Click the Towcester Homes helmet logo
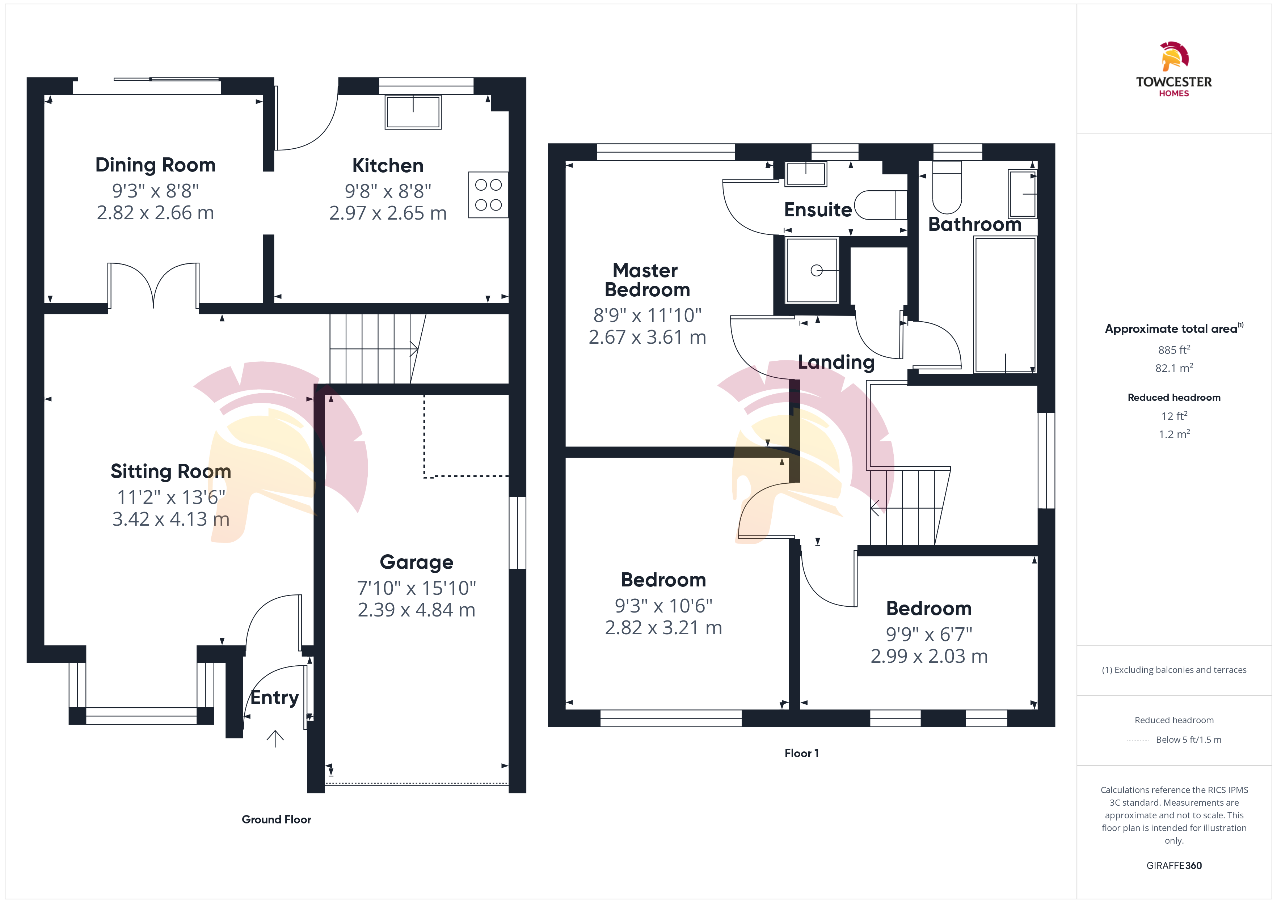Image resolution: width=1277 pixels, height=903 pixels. click(x=1174, y=56)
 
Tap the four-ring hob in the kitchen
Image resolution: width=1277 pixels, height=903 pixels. click(x=488, y=195)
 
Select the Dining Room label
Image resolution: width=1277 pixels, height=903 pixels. click(x=155, y=165)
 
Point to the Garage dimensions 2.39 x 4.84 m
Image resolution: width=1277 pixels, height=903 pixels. click(x=417, y=610)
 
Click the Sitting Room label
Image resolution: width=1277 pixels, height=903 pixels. click(x=171, y=471)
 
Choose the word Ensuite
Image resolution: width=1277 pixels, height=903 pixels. click(x=818, y=209)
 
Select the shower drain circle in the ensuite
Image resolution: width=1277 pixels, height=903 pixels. click(x=817, y=271)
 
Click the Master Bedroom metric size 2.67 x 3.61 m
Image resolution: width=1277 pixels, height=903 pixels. click(x=648, y=337)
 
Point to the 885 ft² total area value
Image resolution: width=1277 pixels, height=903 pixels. click(x=1174, y=350)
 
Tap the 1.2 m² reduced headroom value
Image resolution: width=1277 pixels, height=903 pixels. click(x=1174, y=434)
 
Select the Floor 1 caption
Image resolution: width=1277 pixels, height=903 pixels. click(x=801, y=754)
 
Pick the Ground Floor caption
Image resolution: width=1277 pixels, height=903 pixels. click(x=277, y=819)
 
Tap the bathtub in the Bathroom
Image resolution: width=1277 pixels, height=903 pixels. click(x=1005, y=305)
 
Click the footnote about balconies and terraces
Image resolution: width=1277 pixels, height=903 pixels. click(x=1174, y=670)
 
